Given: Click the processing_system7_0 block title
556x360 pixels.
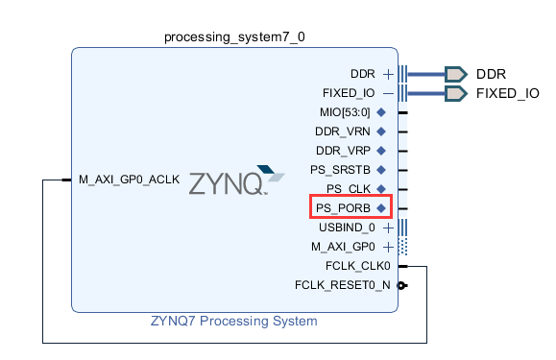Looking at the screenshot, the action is click(234, 37).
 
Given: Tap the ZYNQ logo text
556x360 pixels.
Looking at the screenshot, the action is click(228, 183).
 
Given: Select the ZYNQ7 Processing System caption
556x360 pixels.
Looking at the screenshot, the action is click(234, 321).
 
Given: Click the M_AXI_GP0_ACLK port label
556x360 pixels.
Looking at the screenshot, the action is click(129, 180).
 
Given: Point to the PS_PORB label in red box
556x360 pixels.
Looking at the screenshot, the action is click(343, 208).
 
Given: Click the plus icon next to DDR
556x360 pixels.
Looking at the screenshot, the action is click(388, 74).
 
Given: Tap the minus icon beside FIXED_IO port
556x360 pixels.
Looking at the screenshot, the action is click(388, 93).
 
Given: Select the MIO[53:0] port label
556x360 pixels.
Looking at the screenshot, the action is click(345, 112).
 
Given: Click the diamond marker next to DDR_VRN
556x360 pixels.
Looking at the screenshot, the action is click(381, 132).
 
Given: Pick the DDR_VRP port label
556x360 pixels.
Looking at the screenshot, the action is click(343, 151).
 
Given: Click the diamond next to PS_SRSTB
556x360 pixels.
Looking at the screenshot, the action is click(381, 170).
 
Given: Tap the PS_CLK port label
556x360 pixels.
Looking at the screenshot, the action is click(349, 189).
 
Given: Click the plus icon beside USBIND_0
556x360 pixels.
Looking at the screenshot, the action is click(388, 228).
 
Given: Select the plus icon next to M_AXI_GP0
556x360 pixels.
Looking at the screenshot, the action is click(388, 247).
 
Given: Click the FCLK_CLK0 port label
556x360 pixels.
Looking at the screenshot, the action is click(358, 266).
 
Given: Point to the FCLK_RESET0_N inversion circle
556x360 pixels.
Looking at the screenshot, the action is click(401, 285).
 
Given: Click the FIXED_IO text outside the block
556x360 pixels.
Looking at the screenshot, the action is click(507, 93).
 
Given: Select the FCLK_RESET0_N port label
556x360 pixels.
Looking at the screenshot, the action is click(343, 285).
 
